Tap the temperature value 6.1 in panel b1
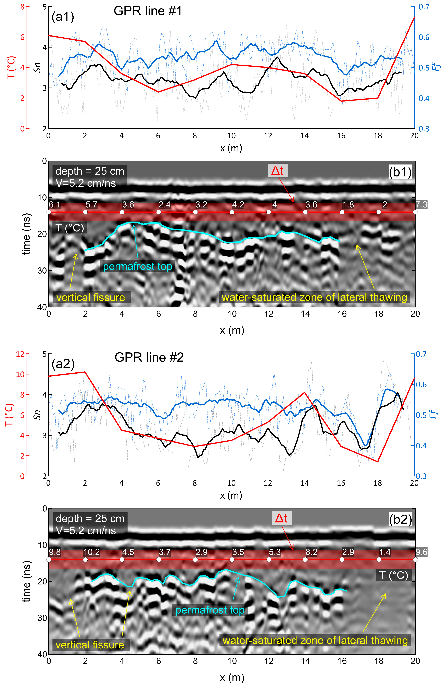(x=55, y=205)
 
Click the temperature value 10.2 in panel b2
(x=91, y=552)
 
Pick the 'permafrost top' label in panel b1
(x=138, y=266)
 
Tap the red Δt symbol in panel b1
(x=278, y=171)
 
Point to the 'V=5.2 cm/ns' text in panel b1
(x=86, y=183)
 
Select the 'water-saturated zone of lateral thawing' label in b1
(x=314, y=297)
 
